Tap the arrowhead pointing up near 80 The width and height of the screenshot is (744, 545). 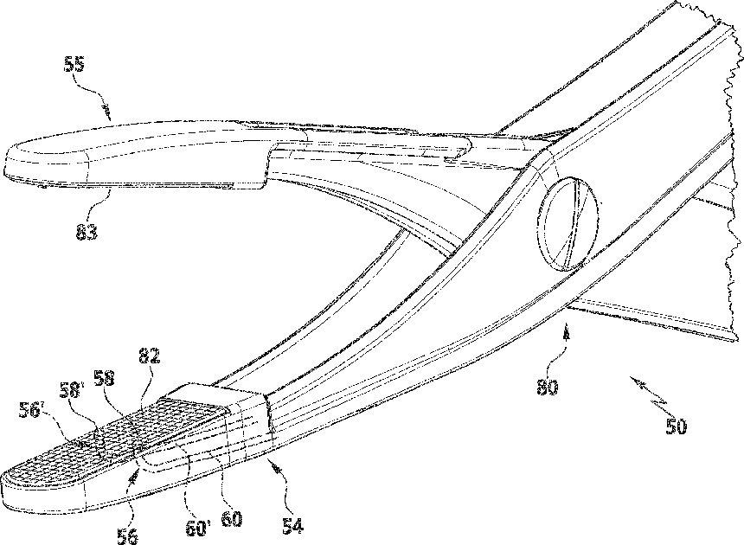[566, 328]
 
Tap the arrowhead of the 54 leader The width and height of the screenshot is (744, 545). [273, 464]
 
